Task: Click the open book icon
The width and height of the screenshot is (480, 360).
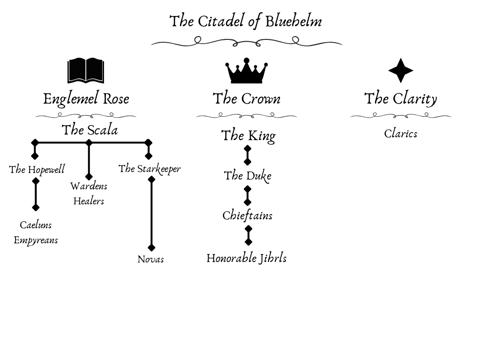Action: coord(86,71)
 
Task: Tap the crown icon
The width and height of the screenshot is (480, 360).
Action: coord(247,71)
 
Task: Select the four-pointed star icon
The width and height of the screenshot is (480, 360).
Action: coord(401,71)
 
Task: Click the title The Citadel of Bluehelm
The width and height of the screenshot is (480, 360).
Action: coord(246,22)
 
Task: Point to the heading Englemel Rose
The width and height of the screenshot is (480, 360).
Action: coord(86,99)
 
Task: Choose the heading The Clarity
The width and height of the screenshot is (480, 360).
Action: coord(401,98)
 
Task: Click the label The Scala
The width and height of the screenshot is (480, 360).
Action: coord(90,130)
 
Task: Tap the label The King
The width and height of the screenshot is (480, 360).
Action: coord(248,135)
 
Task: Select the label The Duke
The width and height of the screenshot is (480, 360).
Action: coord(247,176)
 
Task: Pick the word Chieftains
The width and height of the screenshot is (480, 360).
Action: coord(247,216)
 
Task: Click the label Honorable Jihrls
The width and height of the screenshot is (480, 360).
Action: coord(247,258)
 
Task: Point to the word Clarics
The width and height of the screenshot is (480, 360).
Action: coord(400,134)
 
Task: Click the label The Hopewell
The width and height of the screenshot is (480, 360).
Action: coord(37,170)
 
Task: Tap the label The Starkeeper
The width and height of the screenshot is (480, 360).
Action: coord(150,169)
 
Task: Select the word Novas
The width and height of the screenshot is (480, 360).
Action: coord(150,259)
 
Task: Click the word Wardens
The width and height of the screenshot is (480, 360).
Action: coord(89,186)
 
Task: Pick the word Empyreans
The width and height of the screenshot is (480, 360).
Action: coord(36,240)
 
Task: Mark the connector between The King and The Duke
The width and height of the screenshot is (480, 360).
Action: coord(247,156)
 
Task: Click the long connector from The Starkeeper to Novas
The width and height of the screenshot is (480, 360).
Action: coord(151,213)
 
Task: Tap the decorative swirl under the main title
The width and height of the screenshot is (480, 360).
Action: coord(247,42)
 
